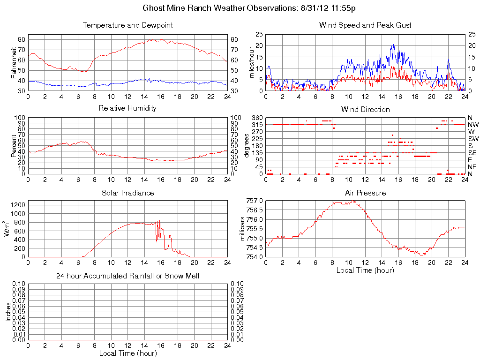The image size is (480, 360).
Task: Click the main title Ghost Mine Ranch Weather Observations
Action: coord(248,8)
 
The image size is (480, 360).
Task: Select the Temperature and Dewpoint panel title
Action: coord(127,25)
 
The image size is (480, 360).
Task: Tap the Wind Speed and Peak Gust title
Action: coord(365,25)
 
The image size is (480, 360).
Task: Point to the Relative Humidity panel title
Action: coord(127,108)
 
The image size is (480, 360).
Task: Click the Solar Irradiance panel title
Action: coord(127,193)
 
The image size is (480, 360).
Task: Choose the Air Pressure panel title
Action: coord(365,193)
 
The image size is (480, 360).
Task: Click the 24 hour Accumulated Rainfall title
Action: coord(127,276)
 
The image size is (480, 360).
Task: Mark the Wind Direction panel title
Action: coord(365,109)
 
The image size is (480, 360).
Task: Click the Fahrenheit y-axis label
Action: coord(14,63)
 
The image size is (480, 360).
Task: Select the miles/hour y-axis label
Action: coord(252,63)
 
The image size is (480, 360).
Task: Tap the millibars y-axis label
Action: coord(242,229)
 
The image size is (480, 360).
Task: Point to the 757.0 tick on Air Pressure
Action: coord(255,201)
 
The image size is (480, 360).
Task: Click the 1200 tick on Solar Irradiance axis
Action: coord(18,204)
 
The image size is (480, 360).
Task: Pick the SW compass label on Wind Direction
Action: coord(472,139)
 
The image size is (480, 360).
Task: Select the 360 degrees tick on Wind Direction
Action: coord(256,117)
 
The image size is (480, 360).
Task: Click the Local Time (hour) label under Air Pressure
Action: coord(365,270)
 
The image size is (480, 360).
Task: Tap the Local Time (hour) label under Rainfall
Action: coord(127,353)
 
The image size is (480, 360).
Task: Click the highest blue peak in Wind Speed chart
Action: coord(394,44)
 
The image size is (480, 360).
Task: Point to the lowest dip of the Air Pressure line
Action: coord(423,255)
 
